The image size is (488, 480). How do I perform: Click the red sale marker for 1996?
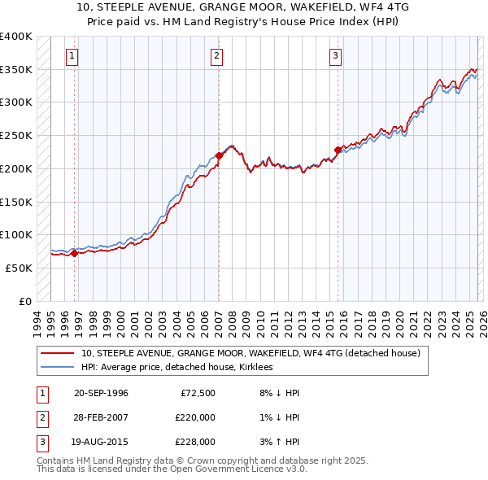tap(75, 253)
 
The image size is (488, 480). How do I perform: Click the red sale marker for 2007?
tap(219, 155)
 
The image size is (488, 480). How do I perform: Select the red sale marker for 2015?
tap(338, 150)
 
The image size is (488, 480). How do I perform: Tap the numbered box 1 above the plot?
tap(73, 56)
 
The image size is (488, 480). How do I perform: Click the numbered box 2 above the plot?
tap(217, 56)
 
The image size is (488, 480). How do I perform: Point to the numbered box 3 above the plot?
tap(336, 56)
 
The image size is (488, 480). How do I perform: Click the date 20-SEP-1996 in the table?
tap(101, 393)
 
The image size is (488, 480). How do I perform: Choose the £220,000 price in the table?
tap(195, 417)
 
